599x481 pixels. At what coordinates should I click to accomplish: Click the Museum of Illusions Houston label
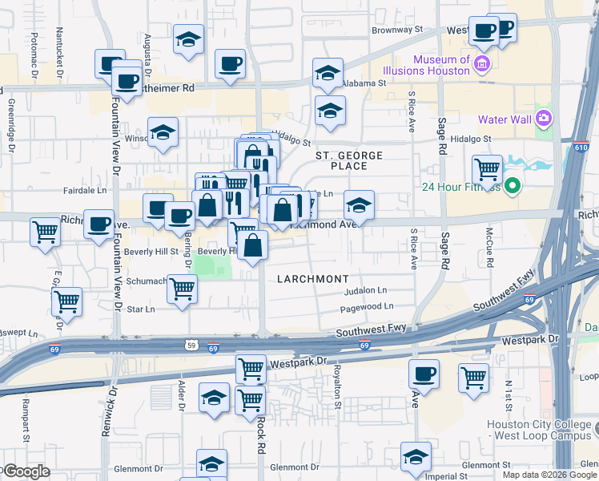coord(441,65)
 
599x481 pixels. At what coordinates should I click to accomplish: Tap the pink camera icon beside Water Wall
coord(545,119)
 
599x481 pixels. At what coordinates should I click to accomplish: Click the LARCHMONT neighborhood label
coord(313,278)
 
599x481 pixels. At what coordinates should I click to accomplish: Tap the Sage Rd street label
coord(441,137)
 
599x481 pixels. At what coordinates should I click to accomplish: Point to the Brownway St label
coord(396,30)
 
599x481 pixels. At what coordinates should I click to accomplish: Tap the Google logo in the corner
coord(26,471)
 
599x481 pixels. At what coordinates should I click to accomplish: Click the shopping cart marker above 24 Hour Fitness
coord(487,169)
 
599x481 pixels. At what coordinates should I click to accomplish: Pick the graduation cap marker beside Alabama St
coord(327,74)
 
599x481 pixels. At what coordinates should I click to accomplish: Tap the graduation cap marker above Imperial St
coord(416,457)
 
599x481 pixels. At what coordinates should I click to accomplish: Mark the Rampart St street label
coord(26,420)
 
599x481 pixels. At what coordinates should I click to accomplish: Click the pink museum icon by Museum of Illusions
coord(482,64)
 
